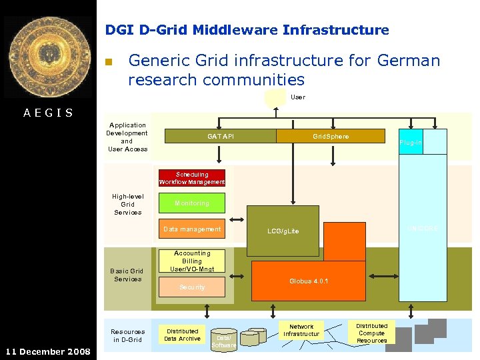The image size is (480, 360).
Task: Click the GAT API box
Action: [x=220, y=136]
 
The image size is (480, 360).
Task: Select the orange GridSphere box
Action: [x=331, y=136]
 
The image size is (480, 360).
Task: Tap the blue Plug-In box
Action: [x=410, y=142]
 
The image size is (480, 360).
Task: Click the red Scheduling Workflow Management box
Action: [x=191, y=178]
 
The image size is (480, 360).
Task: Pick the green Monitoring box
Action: [x=191, y=203]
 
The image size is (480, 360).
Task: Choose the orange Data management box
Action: [x=191, y=229]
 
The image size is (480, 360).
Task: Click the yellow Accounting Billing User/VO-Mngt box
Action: [x=191, y=261]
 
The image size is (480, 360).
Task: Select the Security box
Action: [x=191, y=287]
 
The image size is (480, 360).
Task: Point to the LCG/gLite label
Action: [x=283, y=231]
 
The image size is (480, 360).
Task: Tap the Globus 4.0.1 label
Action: [x=309, y=281]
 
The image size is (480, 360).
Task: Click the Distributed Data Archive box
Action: [x=182, y=335]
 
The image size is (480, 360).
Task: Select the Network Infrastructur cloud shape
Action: [x=301, y=330]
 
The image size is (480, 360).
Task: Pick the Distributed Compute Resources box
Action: [x=371, y=333]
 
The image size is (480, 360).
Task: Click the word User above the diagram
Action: [x=298, y=97]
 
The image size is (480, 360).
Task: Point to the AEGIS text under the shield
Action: [x=48, y=113]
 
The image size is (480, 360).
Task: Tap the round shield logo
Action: [x=47, y=57]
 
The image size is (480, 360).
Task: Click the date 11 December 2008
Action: [x=48, y=351]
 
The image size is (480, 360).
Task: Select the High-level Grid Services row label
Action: [x=127, y=204]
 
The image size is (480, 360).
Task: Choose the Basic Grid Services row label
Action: [x=127, y=275]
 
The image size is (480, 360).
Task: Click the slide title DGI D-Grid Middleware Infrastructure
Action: [x=247, y=30]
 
